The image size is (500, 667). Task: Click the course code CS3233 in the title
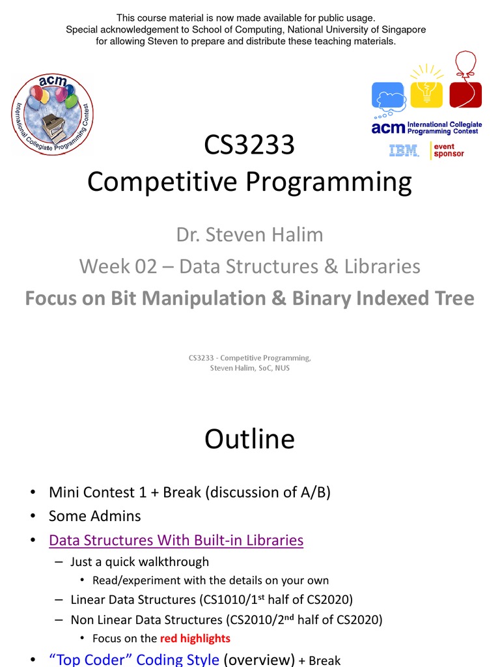(249, 145)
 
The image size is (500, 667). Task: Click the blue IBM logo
(404, 150)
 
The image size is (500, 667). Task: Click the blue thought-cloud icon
(389, 96)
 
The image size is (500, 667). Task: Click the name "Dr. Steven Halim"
(249, 234)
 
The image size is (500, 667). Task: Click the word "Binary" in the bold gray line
(327, 298)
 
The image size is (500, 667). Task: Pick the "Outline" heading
(249, 439)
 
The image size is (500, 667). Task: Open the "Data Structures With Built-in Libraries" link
(176, 540)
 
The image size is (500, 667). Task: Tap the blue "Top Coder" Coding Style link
(134, 660)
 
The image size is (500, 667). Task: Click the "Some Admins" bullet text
(94, 516)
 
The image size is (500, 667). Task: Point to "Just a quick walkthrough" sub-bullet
(140, 561)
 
